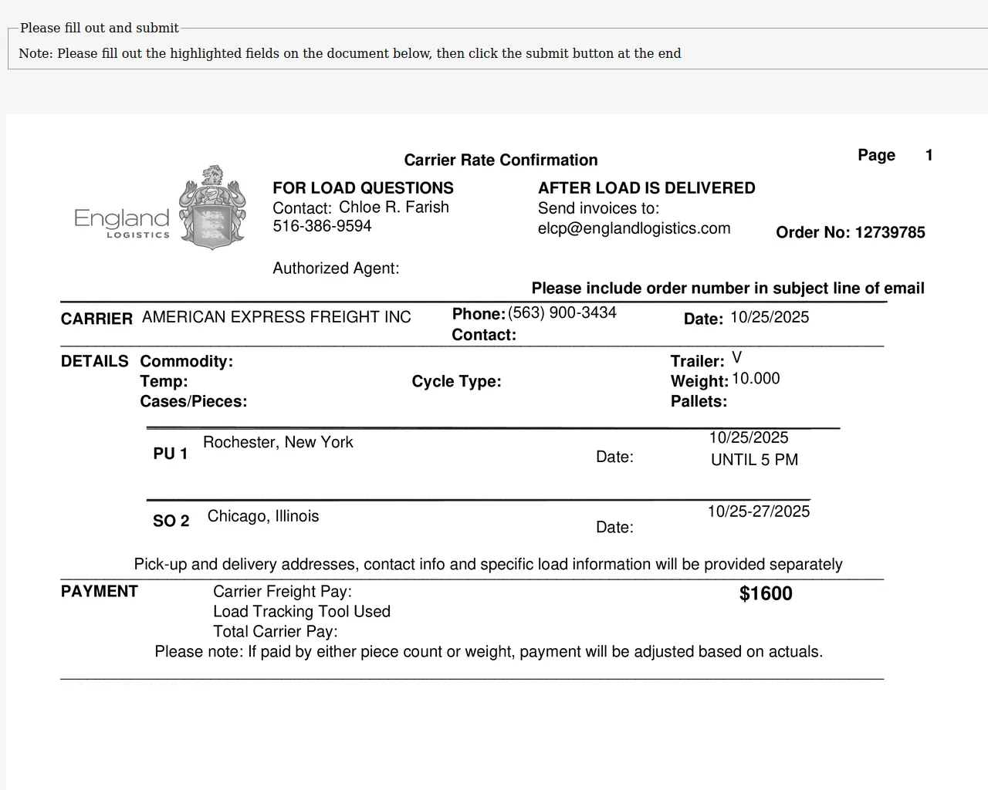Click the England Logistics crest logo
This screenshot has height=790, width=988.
tap(212, 207)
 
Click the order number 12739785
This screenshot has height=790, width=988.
tap(890, 233)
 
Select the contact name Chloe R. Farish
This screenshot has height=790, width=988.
tap(394, 208)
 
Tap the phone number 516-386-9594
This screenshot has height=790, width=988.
tap(322, 226)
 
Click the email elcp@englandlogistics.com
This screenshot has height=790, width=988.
tap(634, 228)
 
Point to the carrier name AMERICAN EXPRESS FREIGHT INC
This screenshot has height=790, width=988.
tap(276, 317)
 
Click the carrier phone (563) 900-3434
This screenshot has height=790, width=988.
tap(562, 312)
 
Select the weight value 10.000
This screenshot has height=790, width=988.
tap(756, 379)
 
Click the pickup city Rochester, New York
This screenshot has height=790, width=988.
tap(278, 442)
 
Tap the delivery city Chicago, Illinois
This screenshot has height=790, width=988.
tap(263, 516)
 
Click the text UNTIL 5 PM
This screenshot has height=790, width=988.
tap(754, 460)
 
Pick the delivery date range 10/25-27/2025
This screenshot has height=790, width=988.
tap(759, 511)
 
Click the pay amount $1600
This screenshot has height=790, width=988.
tap(766, 593)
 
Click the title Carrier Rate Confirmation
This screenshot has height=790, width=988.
tap(501, 160)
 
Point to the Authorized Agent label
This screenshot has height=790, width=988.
tap(336, 268)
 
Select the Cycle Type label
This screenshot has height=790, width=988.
tap(456, 382)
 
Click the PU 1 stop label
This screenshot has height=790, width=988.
tap(171, 454)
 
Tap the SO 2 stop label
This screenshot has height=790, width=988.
tap(171, 521)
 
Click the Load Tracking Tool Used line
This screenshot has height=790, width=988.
tap(302, 612)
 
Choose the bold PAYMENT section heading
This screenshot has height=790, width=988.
tap(100, 592)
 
